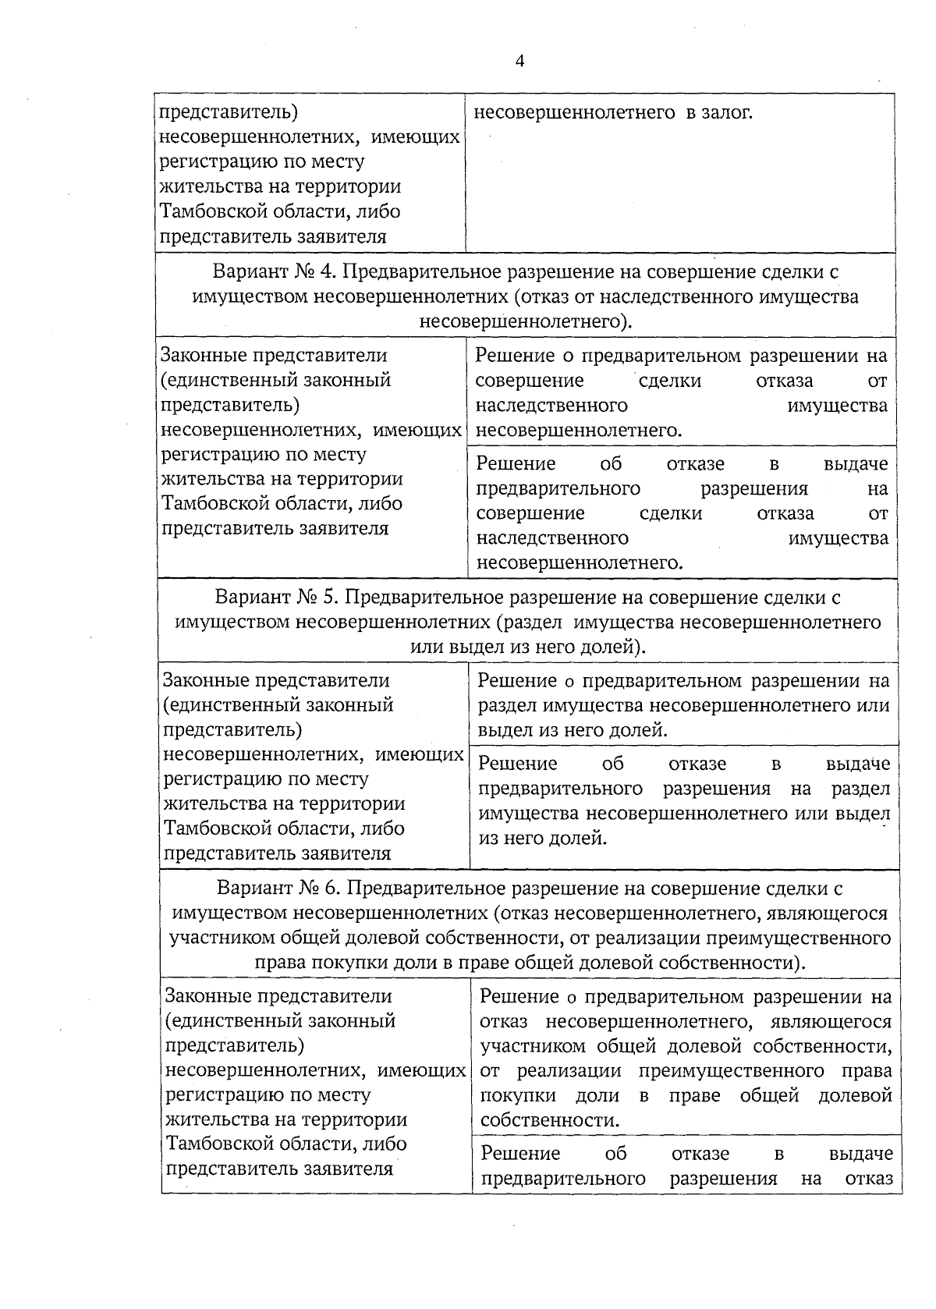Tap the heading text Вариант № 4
pos(272,272)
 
